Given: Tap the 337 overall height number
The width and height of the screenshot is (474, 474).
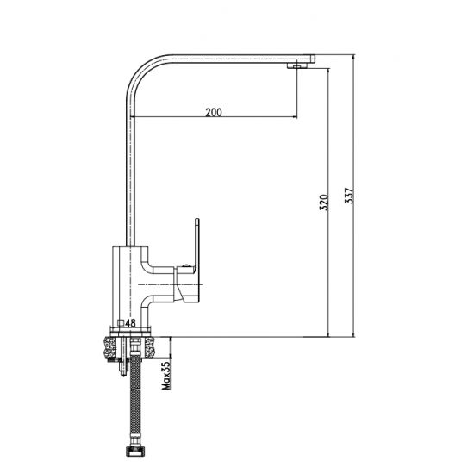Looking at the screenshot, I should point(348,196).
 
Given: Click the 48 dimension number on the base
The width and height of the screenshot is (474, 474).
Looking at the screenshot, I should point(132,323).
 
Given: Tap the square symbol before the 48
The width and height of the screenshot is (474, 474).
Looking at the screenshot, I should point(122,324).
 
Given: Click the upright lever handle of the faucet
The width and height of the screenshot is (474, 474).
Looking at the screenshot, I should point(197,249).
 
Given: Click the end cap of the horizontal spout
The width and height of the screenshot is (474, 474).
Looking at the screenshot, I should point(313,58).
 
